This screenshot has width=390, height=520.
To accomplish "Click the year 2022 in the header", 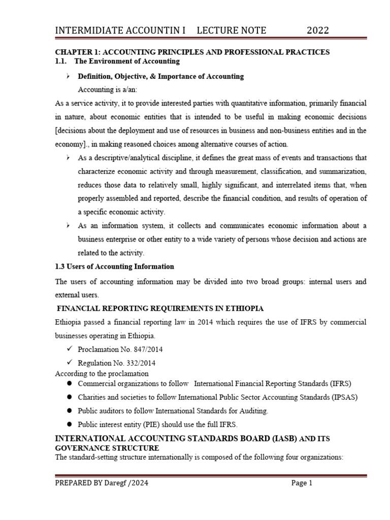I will pos(318,30).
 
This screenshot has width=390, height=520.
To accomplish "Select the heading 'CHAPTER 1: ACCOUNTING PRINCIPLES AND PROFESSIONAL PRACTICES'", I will pos(192,52).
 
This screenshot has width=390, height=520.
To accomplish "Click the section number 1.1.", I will pos(61,61).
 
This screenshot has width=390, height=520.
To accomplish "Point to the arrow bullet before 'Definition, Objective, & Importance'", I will pos(68,76).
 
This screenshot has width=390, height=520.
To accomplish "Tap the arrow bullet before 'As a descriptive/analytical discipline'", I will pos(68,158).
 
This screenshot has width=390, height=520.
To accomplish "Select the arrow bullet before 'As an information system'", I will pos(68,225).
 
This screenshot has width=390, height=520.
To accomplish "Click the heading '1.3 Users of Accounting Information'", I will pos(114,266).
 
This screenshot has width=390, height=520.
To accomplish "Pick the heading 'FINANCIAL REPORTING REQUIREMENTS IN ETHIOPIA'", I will pos(160,308).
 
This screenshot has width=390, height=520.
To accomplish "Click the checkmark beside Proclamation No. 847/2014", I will pos(69,349).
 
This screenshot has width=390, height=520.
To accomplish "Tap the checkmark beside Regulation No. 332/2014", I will pos(69,363).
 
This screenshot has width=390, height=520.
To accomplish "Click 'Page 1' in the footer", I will pos(302,483).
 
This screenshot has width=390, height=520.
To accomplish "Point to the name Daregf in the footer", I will pos(116,483).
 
